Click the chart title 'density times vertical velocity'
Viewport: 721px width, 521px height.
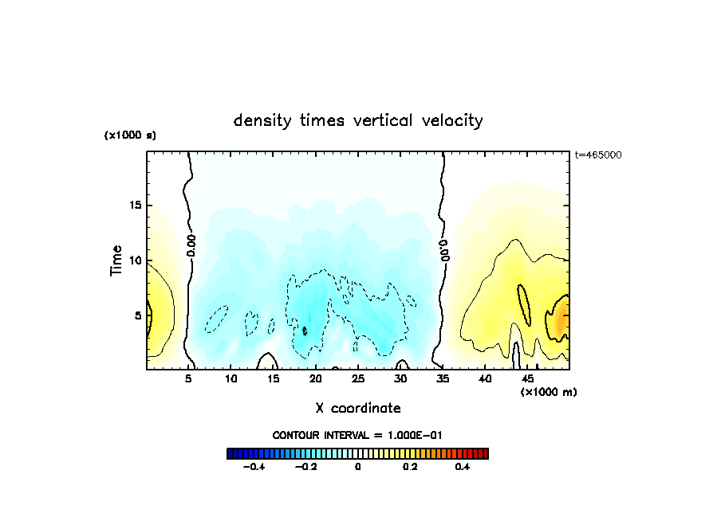(358, 120)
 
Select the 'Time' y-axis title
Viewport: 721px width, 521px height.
(116, 260)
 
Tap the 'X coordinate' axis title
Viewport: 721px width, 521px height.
(358, 408)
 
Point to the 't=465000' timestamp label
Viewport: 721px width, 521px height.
(598, 155)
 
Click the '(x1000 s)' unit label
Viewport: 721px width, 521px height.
(130, 135)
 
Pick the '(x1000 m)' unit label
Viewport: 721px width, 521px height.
(549, 392)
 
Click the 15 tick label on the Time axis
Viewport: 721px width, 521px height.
(136, 205)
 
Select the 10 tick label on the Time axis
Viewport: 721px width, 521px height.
(136, 260)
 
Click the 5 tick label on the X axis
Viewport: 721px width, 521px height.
(189, 378)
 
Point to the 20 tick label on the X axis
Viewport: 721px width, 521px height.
(316, 378)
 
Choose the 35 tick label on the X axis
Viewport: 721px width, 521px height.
(443, 378)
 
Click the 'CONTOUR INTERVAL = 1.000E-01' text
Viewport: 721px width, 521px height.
(357, 435)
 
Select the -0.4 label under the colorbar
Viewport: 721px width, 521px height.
(253, 468)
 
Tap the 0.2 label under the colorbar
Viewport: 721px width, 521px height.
(410, 468)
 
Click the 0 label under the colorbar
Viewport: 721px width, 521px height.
(357, 468)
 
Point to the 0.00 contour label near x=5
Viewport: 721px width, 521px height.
(191, 245)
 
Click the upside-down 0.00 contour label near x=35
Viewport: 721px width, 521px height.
(444, 249)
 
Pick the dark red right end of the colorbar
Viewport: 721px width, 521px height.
(484, 453)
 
